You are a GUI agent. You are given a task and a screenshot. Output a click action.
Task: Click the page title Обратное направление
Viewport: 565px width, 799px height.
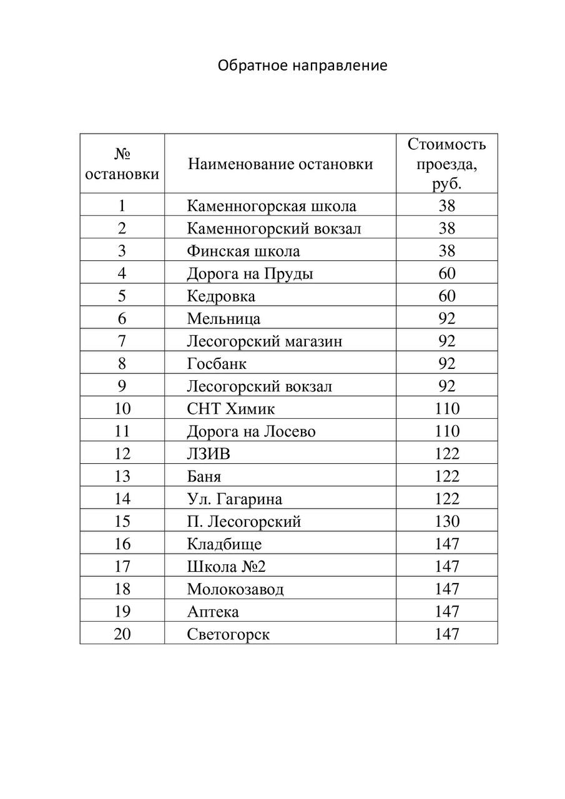tap(303, 66)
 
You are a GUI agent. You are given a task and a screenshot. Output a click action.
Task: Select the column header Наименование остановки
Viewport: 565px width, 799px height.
tap(280, 164)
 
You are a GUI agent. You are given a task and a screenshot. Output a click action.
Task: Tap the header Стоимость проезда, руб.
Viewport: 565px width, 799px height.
tap(446, 164)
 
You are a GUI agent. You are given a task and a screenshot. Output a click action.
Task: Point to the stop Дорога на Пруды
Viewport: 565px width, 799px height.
tap(250, 273)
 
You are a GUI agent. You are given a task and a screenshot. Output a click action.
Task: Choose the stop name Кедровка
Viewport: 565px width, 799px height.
tap(221, 296)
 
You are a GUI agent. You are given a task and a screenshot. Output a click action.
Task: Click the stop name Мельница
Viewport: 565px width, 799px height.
tap(224, 318)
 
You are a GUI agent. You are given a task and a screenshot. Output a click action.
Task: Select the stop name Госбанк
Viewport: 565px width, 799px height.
tap(217, 363)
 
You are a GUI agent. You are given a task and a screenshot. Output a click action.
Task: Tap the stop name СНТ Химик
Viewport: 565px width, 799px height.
tap(231, 409)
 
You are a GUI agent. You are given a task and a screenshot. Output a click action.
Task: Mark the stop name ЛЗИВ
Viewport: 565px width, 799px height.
tap(209, 454)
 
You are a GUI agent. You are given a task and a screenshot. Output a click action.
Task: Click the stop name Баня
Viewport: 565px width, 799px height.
tap(204, 476)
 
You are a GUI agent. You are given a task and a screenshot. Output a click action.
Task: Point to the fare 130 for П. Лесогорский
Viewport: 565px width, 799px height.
tap(447, 521)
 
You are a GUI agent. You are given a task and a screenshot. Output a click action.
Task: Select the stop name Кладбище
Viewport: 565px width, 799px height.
tap(224, 544)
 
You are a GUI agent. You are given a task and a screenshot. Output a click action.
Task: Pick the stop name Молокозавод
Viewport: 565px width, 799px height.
tap(235, 589)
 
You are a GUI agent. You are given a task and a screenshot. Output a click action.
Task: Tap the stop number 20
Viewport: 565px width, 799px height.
tap(122, 634)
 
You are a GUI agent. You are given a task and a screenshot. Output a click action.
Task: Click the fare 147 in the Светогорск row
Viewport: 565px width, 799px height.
tap(447, 634)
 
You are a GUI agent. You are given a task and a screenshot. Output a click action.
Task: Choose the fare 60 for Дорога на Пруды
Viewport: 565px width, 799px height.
tap(447, 273)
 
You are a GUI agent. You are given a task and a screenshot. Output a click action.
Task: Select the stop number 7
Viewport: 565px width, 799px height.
tap(122, 341)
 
